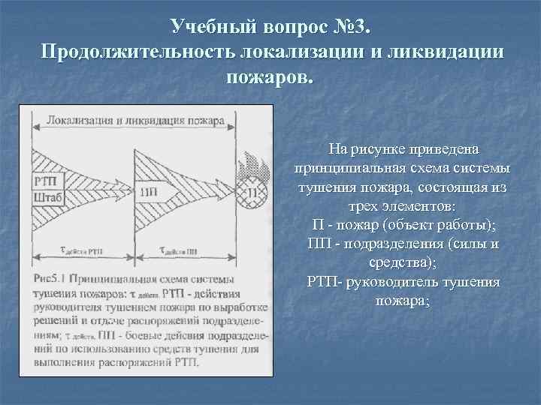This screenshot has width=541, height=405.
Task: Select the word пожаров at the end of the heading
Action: [270, 77]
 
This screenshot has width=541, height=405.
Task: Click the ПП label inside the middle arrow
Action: [148, 190]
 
